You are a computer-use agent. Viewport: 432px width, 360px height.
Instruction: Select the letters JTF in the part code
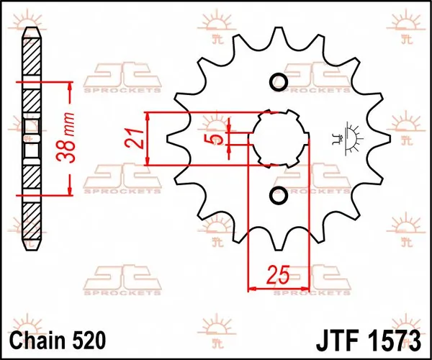coord(336,338)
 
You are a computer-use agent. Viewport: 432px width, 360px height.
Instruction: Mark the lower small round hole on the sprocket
coord(279,196)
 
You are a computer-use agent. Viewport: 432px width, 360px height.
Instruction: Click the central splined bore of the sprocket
coord(279,138)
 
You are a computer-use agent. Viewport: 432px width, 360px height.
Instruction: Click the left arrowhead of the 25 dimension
coord(253,289)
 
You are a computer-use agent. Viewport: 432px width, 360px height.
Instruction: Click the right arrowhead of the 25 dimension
coord(305,289)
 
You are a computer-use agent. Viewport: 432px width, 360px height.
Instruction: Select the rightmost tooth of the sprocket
coord(386,138)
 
